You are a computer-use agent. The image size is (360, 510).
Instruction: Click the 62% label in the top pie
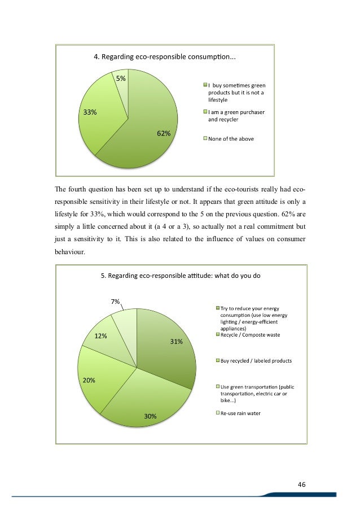tap(164, 134)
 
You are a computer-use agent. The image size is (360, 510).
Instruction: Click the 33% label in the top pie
tap(90, 112)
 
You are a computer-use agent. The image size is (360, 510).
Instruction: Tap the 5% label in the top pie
tap(121, 79)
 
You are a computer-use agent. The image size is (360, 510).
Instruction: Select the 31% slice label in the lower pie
tap(176, 341)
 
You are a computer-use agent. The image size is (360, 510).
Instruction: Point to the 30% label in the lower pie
tap(150, 416)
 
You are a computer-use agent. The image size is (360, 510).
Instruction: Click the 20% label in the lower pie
tap(89, 380)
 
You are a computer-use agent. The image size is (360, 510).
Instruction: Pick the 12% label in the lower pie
tap(101, 336)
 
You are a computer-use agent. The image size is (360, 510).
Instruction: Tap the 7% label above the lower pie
tap(115, 302)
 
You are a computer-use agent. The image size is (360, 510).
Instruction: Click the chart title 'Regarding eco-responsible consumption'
tap(164, 56)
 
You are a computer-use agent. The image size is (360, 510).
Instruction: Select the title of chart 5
tap(180, 276)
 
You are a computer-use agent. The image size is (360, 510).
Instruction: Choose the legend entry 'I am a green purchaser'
tap(240, 112)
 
